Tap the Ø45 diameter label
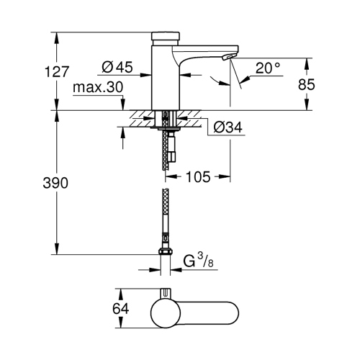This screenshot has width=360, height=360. [117, 67]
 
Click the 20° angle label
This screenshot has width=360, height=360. [267, 68]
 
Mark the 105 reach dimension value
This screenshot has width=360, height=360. [199, 175]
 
